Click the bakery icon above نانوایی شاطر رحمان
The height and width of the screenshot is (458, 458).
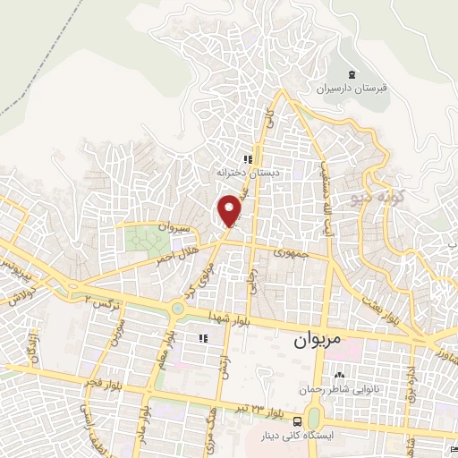[x=339, y=373]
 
